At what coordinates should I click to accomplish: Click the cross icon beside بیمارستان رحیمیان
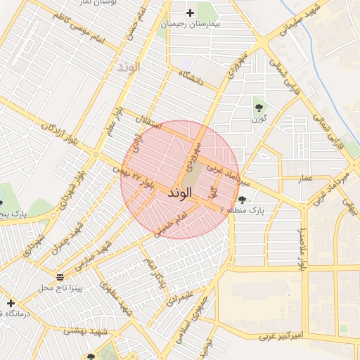click(x=190, y=13)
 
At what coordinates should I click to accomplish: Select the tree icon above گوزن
click(x=260, y=108)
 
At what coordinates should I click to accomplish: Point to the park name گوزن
click(x=260, y=120)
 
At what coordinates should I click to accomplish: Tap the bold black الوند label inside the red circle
click(x=181, y=192)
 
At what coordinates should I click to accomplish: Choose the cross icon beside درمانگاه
click(x=11, y=303)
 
